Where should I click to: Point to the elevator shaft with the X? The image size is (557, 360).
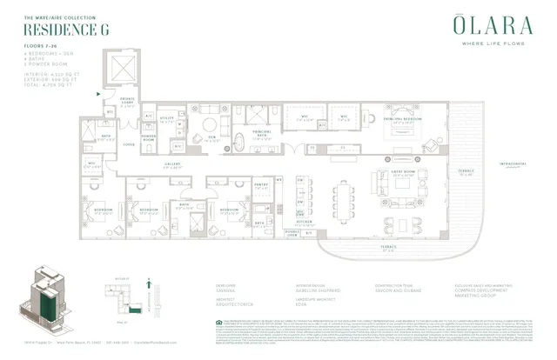point(121,68)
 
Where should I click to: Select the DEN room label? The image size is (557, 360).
point(211,137)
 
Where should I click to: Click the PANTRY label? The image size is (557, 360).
point(261,184)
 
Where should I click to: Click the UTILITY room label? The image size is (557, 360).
point(172,117)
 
